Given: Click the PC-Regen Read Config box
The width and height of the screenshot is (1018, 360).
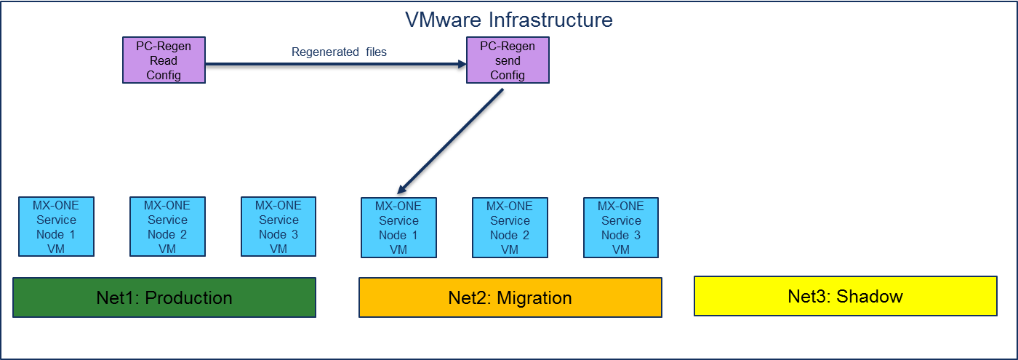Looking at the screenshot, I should point(164,60).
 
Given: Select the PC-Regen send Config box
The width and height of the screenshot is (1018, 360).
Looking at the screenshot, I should point(507,60).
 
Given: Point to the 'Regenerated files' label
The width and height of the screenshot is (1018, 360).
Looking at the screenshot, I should point(339,52).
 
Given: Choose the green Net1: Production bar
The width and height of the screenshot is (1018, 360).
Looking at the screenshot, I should point(164,297).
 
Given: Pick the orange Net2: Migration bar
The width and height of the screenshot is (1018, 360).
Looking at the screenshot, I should point(510,297).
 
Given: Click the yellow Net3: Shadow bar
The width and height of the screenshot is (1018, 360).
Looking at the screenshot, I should point(845,296).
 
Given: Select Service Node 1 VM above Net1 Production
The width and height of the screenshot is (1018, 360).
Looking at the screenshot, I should point(56,227).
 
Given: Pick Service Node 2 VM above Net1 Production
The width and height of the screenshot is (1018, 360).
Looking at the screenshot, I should point(167,227).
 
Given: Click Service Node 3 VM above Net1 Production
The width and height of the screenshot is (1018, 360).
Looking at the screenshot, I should point(278,227).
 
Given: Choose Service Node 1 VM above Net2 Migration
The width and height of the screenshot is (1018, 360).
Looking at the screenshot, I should point(398,228).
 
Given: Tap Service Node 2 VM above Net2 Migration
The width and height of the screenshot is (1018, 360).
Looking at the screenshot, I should point(510,228).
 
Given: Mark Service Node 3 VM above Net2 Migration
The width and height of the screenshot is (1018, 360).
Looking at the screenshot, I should point(621,228).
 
